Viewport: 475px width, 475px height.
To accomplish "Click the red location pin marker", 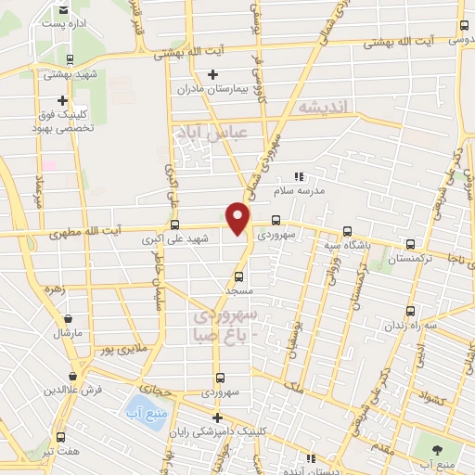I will coord(239,219).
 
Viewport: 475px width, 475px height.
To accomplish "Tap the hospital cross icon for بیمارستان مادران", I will coord(213,74).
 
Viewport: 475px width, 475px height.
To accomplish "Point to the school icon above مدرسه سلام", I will coord(299,176).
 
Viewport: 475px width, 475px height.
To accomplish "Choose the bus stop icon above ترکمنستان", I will coord(410,245).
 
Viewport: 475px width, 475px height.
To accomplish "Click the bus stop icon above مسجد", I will coord(239,276).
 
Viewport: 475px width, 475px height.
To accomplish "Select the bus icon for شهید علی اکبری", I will coord(175,224).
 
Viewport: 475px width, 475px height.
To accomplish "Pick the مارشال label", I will coord(68,331).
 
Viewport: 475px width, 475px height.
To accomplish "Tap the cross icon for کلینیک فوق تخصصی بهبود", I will coord(62,100).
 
